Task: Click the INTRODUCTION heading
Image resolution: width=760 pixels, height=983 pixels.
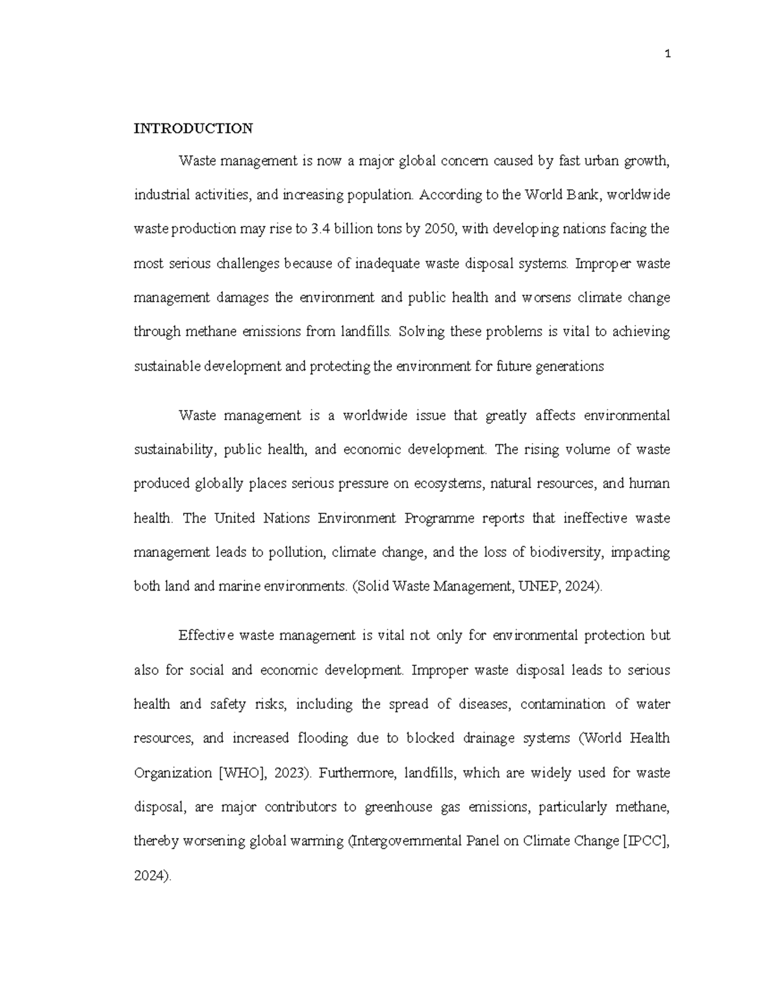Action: pyautogui.click(x=193, y=128)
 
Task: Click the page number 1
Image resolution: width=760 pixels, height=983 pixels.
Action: pyautogui.click(x=668, y=54)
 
